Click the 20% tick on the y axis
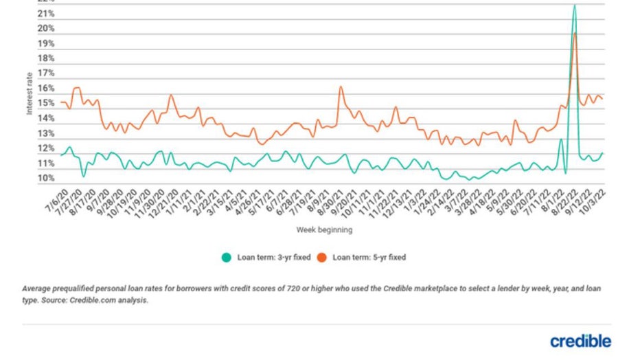(x=46, y=28)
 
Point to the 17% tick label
(x=46, y=73)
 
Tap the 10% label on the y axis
(x=46, y=179)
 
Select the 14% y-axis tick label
(x=46, y=118)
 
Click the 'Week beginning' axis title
(x=324, y=229)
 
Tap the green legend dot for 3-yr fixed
(x=227, y=258)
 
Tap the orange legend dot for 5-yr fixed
(x=321, y=258)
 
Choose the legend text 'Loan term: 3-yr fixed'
(x=273, y=258)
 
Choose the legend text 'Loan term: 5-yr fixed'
(x=369, y=258)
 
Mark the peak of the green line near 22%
(x=574, y=5)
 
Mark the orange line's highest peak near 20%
(x=575, y=33)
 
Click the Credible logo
(x=580, y=341)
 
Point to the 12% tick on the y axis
(x=46, y=148)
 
